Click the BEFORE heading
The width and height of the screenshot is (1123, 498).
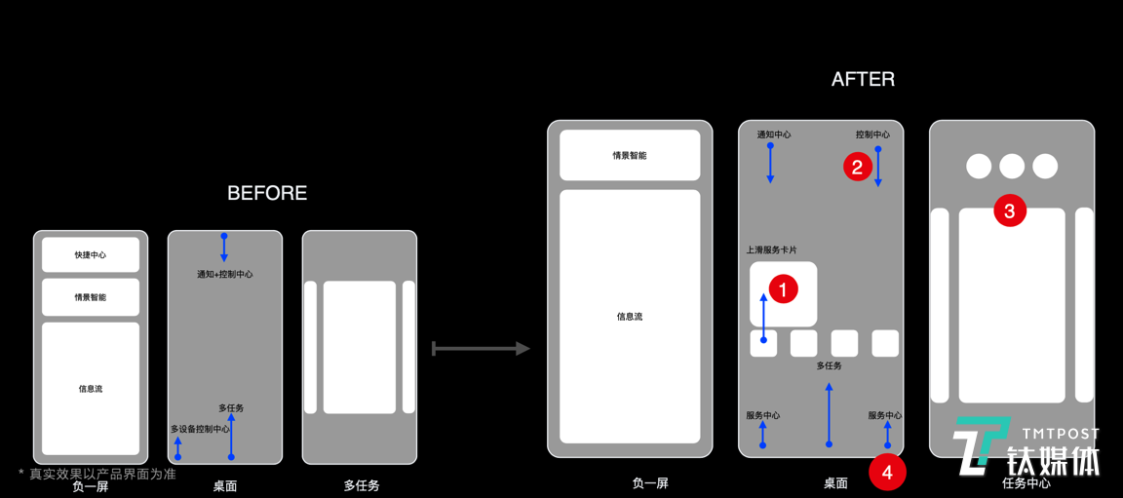tap(267, 193)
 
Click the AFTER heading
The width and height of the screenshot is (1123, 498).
tap(863, 80)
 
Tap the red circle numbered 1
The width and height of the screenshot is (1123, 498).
tap(783, 288)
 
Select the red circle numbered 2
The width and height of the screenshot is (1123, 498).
tap(858, 167)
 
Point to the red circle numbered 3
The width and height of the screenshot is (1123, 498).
tap(1009, 210)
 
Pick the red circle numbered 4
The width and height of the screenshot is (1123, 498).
tap(887, 473)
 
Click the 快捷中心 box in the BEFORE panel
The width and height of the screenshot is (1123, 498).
tap(91, 255)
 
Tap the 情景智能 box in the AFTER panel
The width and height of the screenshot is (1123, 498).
tap(630, 155)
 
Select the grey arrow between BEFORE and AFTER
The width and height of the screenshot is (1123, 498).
tap(481, 348)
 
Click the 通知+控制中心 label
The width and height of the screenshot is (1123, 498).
tap(224, 275)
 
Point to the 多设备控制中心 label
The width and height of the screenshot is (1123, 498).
tap(200, 429)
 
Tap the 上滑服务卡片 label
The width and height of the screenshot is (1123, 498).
tap(771, 250)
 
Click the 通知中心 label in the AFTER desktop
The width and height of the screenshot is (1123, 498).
tap(774, 134)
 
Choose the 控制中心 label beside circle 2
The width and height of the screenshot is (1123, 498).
tap(872, 134)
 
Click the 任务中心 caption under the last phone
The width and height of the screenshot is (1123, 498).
tap(1026, 483)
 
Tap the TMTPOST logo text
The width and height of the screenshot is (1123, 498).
tap(1061, 434)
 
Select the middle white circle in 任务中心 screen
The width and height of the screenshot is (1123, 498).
tap(1012, 167)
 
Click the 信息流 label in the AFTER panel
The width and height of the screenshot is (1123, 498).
tap(630, 317)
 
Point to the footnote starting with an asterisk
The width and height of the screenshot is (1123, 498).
tap(97, 474)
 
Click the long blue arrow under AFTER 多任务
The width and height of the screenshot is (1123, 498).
tap(829, 415)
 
